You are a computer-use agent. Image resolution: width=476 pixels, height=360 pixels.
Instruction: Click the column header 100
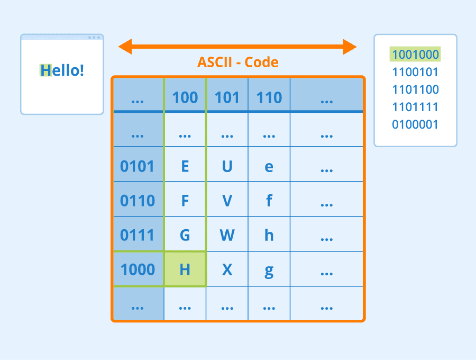185,97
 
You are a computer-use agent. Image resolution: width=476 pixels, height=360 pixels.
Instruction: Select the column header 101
227,97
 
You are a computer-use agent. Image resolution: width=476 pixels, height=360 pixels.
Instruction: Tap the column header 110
269,97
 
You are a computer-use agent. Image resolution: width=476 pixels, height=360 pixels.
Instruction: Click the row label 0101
138,166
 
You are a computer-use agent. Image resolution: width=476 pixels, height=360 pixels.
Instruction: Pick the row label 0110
138,201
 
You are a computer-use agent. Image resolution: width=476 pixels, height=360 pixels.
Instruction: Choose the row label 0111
138,235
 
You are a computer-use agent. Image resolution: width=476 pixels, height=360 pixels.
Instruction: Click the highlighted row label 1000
138,269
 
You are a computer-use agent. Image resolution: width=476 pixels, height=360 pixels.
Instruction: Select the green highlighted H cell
185,269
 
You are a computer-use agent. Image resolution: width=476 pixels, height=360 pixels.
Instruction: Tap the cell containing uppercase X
227,269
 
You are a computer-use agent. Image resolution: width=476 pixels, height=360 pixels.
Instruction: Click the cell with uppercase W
227,235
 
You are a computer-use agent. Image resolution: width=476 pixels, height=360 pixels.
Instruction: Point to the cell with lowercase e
269,166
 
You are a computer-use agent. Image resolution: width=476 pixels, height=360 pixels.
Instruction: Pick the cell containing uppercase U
227,166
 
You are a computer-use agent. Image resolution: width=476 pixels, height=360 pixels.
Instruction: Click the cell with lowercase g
269,269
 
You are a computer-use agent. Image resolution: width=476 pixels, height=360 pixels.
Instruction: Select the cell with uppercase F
185,201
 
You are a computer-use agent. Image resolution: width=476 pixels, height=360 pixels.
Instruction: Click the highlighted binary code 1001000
415,55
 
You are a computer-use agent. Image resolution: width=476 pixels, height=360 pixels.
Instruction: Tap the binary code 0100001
415,125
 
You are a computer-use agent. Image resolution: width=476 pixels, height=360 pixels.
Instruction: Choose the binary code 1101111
415,107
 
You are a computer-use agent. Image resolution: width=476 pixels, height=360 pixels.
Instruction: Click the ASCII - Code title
237,62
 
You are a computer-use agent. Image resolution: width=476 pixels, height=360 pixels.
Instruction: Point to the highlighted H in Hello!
45,70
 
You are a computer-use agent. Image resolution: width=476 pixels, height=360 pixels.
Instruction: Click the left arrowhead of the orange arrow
125,47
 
